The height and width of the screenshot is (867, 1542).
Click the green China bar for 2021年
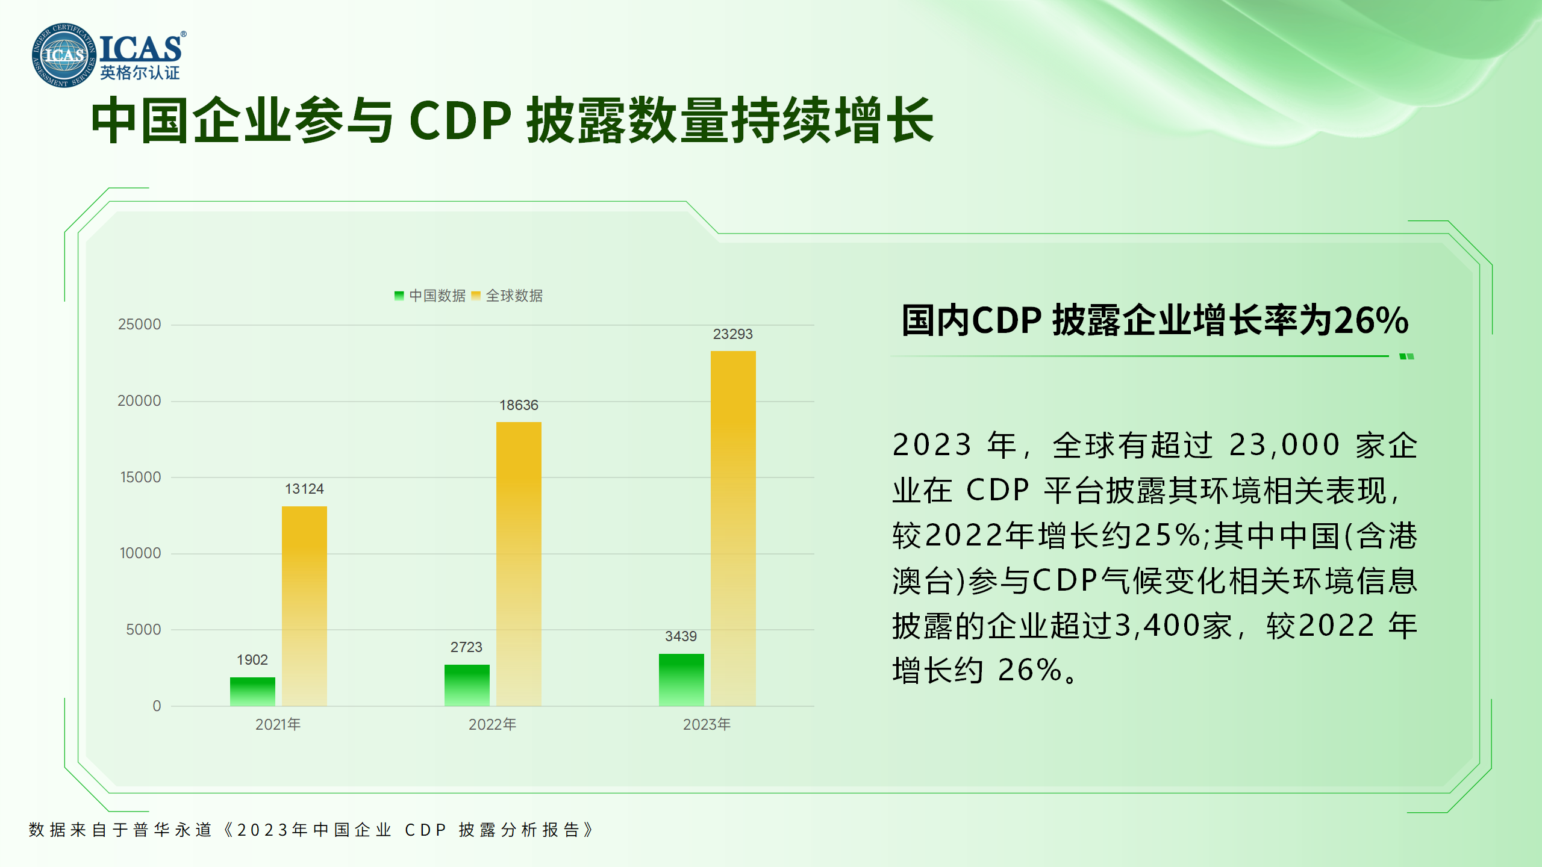click(x=252, y=691)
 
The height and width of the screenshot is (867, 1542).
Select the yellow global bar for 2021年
click(x=304, y=606)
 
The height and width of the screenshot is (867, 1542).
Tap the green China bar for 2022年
click(x=467, y=685)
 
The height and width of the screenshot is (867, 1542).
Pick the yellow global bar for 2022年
click(x=519, y=564)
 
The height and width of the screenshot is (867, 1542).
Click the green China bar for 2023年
click(x=681, y=680)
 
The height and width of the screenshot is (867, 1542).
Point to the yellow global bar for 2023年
click(x=733, y=528)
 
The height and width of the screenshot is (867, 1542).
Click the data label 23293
click(x=733, y=334)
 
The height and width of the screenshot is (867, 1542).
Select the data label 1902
click(x=252, y=660)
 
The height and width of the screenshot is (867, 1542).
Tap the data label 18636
click(x=519, y=405)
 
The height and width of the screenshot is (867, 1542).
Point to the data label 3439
click(x=681, y=636)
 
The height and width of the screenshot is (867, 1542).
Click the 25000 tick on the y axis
click(x=140, y=325)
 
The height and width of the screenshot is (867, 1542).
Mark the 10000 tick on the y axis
click(x=140, y=553)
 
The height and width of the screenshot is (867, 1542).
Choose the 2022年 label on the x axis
click(x=492, y=724)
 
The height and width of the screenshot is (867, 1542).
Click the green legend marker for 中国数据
click(x=399, y=296)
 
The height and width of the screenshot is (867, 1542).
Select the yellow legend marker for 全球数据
click(x=476, y=296)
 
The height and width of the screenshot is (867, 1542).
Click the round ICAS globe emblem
click(x=64, y=55)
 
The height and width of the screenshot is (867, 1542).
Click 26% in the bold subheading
click(x=1372, y=320)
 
